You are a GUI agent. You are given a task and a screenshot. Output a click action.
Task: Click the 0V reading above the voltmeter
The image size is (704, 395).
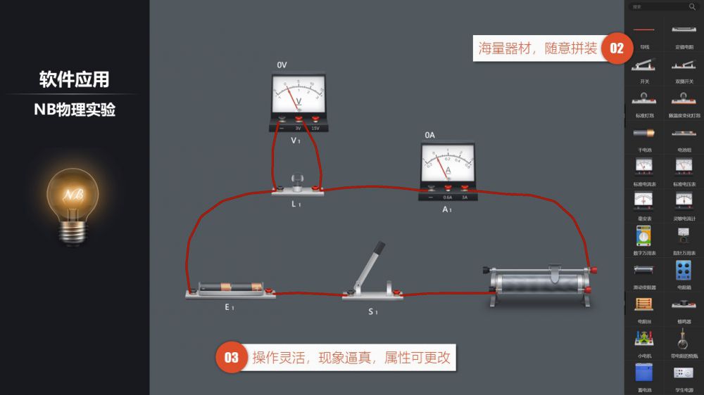click(x=282, y=65)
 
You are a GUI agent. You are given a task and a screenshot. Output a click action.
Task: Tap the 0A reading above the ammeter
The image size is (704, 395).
click(x=429, y=135)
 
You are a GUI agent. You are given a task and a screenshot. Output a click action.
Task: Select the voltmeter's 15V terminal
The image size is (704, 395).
click(x=315, y=120)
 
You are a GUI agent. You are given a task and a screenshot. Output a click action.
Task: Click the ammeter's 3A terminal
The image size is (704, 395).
click(x=464, y=188)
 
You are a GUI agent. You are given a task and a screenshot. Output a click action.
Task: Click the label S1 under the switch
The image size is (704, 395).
click(x=372, y=311)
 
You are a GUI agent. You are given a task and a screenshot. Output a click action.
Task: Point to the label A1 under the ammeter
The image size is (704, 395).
click(x=446, y=209)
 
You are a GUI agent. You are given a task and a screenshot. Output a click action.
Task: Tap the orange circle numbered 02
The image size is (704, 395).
click(x=616, y=48)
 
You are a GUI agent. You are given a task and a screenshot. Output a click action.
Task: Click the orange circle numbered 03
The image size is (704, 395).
click(x=232, y=358)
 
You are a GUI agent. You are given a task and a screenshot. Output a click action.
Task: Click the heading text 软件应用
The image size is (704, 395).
click(x=74, y=79)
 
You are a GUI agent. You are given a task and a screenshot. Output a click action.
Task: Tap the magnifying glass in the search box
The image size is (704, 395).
click(x=691, y=6)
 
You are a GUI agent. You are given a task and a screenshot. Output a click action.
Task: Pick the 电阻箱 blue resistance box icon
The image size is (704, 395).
click(x=683, y=271)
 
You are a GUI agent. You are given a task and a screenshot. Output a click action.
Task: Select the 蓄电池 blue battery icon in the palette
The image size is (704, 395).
click(x=643, y=372)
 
